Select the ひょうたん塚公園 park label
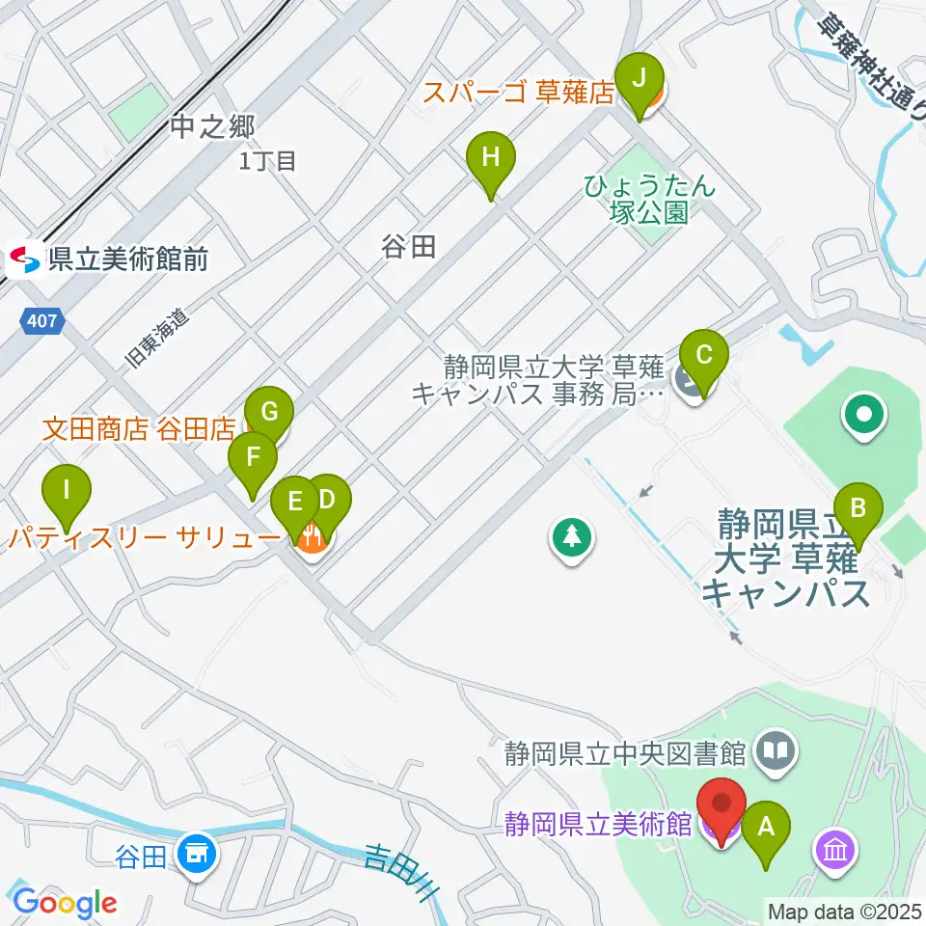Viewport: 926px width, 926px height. [649, 198]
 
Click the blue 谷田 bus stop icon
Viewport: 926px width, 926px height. [197, 853]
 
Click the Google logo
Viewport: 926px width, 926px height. [64, 902]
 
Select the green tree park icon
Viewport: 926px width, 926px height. [573, 537]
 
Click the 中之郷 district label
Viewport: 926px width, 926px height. [211, 125]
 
